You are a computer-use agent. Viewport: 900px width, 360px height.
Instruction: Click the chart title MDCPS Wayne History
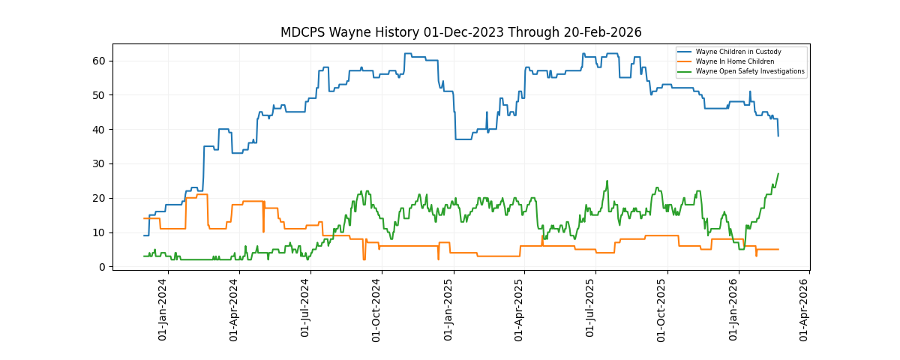pos(460,32)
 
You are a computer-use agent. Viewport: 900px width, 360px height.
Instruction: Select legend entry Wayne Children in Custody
pos(738,52)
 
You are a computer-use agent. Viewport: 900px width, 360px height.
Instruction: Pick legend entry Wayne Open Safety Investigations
pos(750,72)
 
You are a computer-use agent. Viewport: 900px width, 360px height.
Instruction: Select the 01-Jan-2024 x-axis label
pos(163,310)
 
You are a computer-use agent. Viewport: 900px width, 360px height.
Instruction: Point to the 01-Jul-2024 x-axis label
pos(306,310)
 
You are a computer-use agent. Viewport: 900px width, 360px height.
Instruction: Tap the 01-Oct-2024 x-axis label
pos(377,310)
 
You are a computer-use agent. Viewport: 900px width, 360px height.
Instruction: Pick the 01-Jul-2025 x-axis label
pos(591,310)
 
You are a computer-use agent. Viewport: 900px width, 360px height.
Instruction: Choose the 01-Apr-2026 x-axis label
pos(805,310)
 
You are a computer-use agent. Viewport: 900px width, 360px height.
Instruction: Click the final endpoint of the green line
pos(778,174)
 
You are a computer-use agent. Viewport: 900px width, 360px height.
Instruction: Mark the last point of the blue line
pos(778,136)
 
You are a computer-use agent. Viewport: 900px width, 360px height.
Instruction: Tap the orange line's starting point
pos(144,218)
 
